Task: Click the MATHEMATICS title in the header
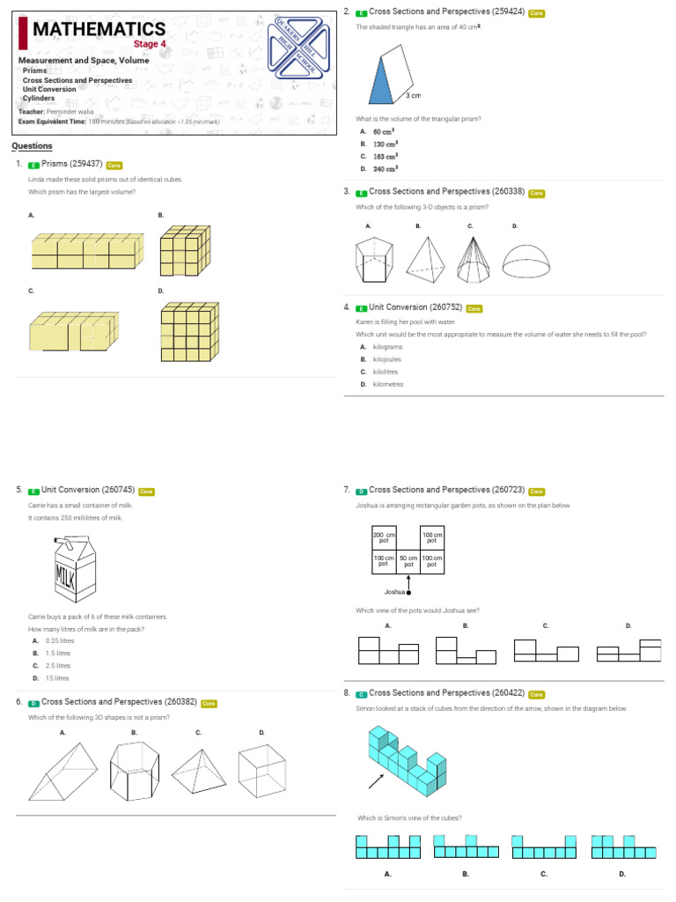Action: tap(99, 31)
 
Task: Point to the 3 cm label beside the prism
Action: tap(414, 94)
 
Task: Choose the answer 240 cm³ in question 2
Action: tap(386, 168)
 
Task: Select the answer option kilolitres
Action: tap(386, 372)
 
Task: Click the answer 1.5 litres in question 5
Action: tap(59, 654)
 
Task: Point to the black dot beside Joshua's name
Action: tap(408, 593)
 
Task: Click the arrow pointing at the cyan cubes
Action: tap(376, 780)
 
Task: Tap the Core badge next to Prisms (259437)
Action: tap(114, 165)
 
